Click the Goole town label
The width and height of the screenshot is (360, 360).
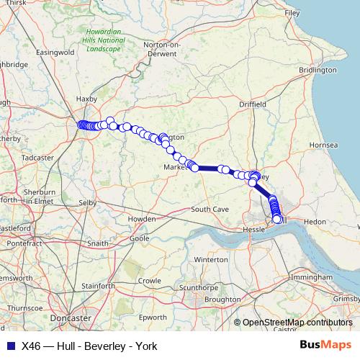click(138, 238)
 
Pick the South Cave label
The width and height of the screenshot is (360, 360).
click(210, 209)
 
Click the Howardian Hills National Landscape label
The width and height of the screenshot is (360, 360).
click(105, 40)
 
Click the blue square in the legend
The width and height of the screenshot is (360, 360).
click(9, 346)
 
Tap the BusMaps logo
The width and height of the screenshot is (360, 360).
click(325, 346)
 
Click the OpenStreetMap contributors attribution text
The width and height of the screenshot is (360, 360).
click(297, 323)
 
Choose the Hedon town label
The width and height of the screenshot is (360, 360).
click(315, 222)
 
